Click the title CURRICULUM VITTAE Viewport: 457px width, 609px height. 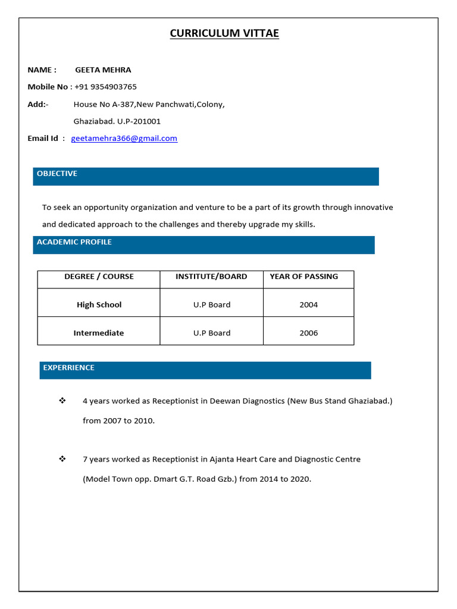(x=224, y=33)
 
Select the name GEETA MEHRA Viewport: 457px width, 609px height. (x=103, y=70)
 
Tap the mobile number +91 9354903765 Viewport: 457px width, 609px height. (x=105, y=87)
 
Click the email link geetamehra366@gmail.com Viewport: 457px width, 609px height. (x=124, y=139)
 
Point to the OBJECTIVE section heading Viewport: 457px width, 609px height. (x=57, y=174)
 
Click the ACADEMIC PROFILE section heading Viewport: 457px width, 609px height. (x=74, y=242)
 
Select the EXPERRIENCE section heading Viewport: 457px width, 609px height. (x=68, y=368)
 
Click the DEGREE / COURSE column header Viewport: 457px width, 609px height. (x=99, y=277)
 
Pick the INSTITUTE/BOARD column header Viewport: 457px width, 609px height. (x=211, y=277)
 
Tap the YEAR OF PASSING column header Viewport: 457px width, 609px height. (x=303, y=277)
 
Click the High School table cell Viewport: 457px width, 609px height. (x=99, y=304)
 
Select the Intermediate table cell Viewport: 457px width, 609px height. (x=99, y=333)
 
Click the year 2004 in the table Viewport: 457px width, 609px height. (x=308, y=304)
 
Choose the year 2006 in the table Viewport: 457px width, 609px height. (x=308, y=333)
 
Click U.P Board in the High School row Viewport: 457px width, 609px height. (x=211, y=304)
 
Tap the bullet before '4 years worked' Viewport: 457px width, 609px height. (x=62, y=401)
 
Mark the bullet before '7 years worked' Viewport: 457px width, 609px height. (x=62, y=459)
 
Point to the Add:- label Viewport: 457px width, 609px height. (x=38, y=104)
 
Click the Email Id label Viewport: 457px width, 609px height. (x=43, y=139)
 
